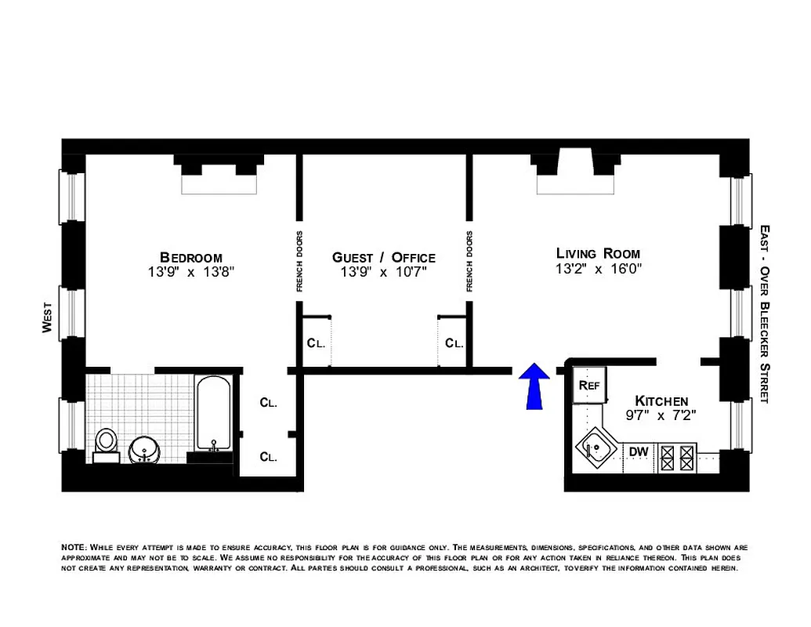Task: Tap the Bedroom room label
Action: click(190, 257)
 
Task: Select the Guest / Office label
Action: click(383, 257)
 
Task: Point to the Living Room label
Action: click(598, 253)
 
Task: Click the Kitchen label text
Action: click(661, 400)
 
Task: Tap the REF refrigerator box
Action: click(588, 386)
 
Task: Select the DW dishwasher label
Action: click(639, 451)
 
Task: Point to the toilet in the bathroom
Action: click(106, 443)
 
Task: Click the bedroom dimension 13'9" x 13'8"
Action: click(191, 272)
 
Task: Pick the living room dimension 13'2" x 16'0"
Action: click(598, 268)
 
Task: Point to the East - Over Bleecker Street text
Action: click(765, 313)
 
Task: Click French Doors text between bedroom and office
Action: click(299, 262)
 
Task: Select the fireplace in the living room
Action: click(574, 174)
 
